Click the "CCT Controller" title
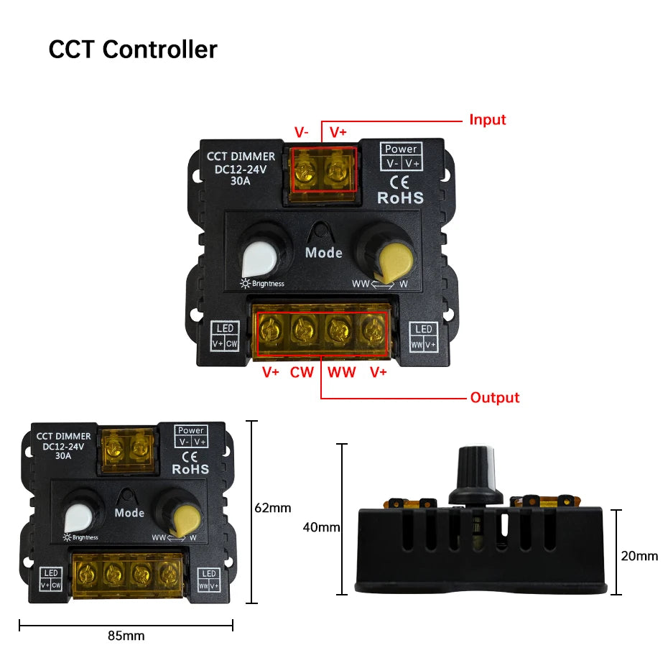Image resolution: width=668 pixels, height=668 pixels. point(133,50)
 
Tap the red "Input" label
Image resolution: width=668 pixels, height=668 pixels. point(488,120)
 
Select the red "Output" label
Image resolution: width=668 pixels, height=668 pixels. point(495,397)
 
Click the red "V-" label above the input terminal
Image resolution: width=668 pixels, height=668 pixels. point(301,132)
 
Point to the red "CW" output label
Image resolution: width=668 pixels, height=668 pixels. point(302,372)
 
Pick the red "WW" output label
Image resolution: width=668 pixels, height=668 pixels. point(341,372)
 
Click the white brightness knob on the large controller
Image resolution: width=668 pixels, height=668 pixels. point(259,259)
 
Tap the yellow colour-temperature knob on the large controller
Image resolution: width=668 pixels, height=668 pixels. point(395,261)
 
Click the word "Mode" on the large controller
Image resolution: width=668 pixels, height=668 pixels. point(324,253)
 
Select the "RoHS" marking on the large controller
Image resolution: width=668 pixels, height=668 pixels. point(401,198)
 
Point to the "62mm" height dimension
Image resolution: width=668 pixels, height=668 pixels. point(273,508)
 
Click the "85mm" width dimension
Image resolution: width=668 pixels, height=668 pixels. point(126,636)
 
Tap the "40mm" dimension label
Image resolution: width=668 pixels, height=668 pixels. point(321,527)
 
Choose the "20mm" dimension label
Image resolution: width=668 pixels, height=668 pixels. point(639,556)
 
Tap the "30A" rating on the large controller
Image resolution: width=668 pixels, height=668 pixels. point(241,181)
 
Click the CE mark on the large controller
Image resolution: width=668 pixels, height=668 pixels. point(399,182)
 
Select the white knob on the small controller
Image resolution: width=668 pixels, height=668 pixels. point(78,518)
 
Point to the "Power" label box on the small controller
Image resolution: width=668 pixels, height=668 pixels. point(191,436)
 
